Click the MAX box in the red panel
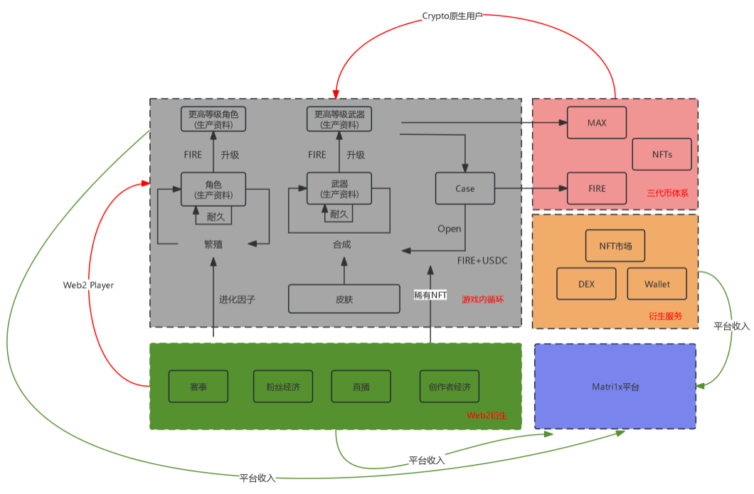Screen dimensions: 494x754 point(596,123)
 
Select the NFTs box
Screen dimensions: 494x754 point(662,154)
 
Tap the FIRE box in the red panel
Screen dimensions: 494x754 point(596,188)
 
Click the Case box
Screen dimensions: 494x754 point(464,188)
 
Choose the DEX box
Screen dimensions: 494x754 point(586,284)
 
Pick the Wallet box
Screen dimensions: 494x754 point(657,284)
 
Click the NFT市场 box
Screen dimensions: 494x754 point(615,246)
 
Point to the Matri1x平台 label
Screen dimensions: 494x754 point(615,387)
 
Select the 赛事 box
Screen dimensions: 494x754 point(198,387)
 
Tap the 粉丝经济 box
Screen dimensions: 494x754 point(283,387)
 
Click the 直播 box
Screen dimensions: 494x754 point(361,387)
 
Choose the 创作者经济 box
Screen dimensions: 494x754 point(450,387)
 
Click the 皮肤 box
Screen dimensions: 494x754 point(344,299)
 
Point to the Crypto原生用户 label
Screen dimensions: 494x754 point(452,16)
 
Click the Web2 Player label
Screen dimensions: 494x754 point(89,285)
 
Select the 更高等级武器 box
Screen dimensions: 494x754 point(339,119)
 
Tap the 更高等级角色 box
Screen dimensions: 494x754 point(213,119)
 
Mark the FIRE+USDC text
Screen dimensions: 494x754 point(482,261)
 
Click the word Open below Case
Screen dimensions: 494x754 point(450,229)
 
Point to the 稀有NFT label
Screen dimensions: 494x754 point(430,294)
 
